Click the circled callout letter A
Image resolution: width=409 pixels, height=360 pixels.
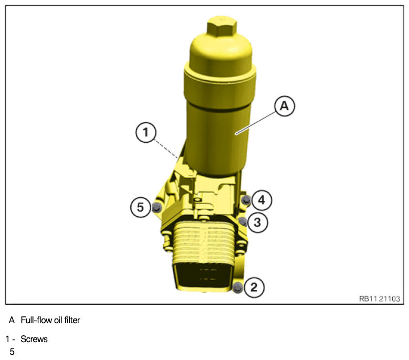coord(285,106)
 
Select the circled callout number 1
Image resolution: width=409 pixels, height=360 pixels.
coord(146,132)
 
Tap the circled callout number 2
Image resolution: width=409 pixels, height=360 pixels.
coord(254,287)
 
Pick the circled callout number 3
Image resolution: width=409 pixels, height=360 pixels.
coord(257,223)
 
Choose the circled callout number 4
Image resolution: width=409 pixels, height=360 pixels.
coord(261,200)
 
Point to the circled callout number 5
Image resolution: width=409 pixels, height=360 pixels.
coord(141,207)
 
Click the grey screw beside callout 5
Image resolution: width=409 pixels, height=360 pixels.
coord(156,207)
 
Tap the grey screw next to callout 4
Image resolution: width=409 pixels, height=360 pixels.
coord(246,200)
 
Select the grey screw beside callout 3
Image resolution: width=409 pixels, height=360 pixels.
coord(243,221)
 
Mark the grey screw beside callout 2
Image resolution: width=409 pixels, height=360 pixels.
coord(238,288)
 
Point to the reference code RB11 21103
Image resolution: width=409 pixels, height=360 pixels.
coord(380,299)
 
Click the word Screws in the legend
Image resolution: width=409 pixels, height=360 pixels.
coord(34,339)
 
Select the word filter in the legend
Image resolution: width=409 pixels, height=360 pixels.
coord(72,320)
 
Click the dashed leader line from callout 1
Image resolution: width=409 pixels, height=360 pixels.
coord(166,149)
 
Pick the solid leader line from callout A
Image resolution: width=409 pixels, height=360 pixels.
coord(255,123)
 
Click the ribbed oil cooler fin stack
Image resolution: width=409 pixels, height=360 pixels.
coord(204,242)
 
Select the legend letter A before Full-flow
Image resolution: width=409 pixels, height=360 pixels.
coord(12,320)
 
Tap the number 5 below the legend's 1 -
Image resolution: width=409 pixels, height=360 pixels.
coord(12,352)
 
